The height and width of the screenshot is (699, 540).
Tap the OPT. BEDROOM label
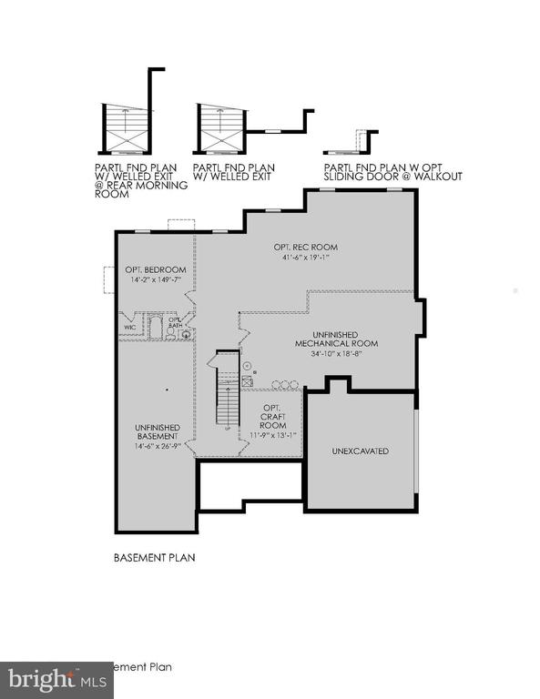[156, 269]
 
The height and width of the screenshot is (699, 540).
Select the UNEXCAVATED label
[360, 451]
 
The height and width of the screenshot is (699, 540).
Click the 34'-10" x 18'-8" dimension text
[343, 353]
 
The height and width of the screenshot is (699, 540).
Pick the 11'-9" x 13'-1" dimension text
[274, 435]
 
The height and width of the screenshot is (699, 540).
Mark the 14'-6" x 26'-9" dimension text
[158, 446]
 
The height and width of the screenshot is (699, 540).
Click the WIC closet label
[129, 327]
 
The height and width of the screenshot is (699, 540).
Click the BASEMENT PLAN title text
[154, 556]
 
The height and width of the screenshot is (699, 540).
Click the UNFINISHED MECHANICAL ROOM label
[343, 339]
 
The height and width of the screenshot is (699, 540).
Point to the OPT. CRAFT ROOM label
[273, 416]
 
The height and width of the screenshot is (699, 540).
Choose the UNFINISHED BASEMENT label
[158, 431]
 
